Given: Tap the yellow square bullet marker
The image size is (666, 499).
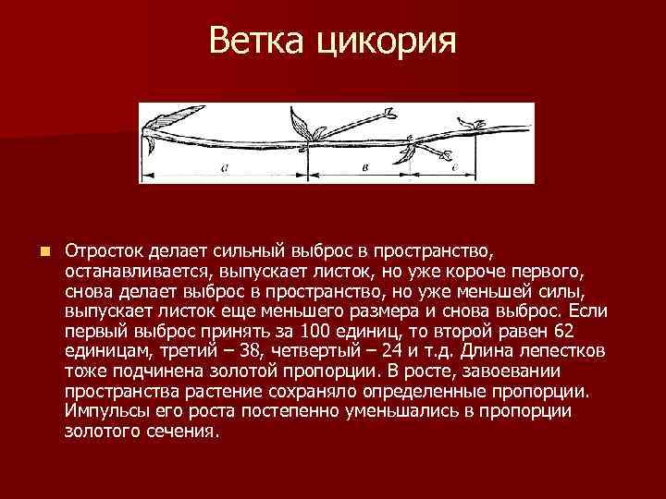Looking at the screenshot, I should click(x=43, y=251).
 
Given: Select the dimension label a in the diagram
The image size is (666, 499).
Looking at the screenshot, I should click(x=225, y=169).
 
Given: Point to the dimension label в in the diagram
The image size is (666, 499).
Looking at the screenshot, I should click(x=366, y=169).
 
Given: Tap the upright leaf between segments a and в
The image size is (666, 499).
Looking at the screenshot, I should click(x=301, y=123).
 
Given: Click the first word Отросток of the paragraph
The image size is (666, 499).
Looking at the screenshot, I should click(x=107, y=251).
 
